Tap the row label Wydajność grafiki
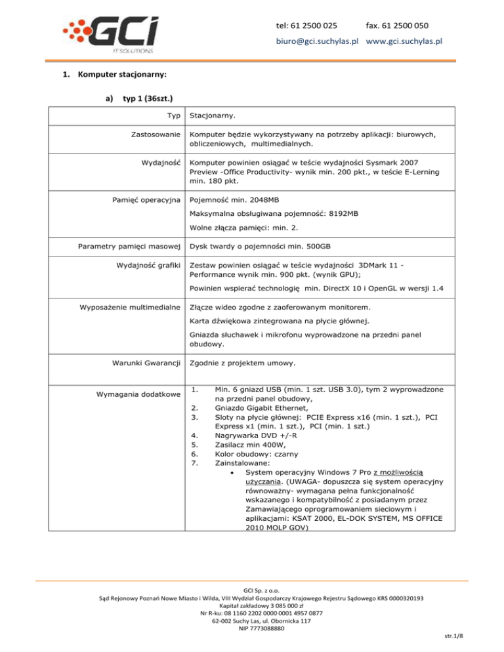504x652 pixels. (x=152, y=266)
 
